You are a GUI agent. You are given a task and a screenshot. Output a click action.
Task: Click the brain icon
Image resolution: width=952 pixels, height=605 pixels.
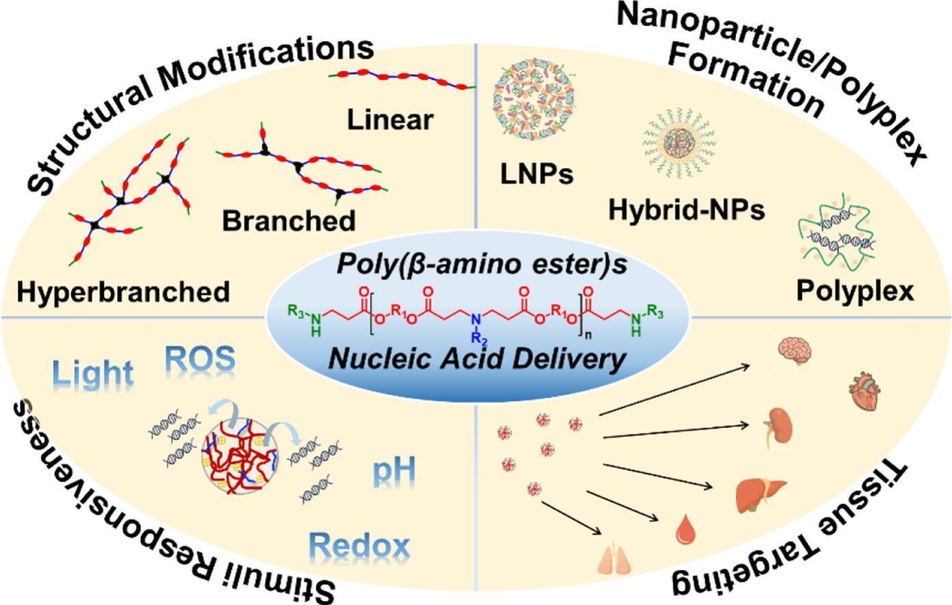click(x=795, y=351)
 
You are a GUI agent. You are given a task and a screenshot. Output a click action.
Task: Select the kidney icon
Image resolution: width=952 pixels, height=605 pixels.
click(x=778, y=427)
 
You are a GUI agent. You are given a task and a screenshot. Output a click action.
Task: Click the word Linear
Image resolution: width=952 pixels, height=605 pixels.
click(x=390, y=119)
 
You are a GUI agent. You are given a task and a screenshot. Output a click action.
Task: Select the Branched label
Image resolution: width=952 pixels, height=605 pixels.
click(x=289, y=221)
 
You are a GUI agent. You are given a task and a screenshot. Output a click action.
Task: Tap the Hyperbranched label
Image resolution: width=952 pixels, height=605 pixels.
click(x=124, y=292)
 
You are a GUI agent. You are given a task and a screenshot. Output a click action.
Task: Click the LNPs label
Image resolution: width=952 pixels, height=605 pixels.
click(x=536, y=174)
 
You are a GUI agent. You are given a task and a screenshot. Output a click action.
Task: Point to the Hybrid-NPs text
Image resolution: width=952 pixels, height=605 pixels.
click(x=687, y=210)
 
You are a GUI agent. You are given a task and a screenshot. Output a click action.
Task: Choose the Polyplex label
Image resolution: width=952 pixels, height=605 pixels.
click(x=855, y=292)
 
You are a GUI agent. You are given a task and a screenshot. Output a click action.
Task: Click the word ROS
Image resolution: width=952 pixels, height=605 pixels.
click(x=200, y=358)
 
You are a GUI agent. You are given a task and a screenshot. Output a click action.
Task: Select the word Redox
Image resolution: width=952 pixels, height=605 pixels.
click(x=359, y=545)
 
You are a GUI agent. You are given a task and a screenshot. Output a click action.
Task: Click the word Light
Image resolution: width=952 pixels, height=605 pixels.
click(x=93, y=374)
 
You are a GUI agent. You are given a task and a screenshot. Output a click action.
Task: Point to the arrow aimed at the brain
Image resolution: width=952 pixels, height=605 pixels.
click(x=675, y=389)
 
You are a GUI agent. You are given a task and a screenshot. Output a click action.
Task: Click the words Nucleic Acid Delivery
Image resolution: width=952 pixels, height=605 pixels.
click(x=478, y=358)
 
